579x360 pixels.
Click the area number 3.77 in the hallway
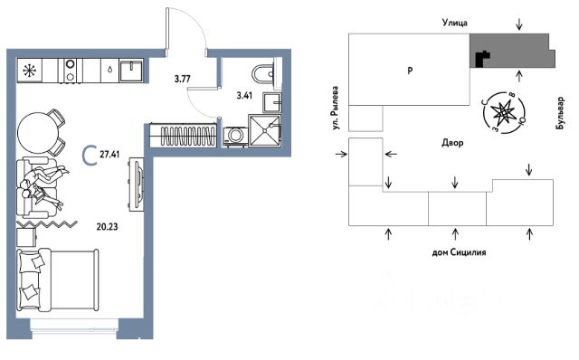pos(182,79)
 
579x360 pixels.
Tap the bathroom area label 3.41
pos(244,95)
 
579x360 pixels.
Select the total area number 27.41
pos(109,154)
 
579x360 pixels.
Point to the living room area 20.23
pos(107,226)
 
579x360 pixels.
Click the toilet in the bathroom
pos(263,74)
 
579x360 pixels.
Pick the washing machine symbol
pos(235,136)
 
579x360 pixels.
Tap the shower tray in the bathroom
pos(265,130)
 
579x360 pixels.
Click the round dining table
pos(38,132)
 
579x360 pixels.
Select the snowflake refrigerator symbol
pos(29,71)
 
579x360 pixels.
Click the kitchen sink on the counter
pos(131,71)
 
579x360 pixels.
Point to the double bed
pos(58,279)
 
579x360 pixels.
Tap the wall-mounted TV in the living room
pos(138,184)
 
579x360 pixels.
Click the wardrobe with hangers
pos(183,136)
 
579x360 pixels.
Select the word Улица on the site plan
pos(455,23)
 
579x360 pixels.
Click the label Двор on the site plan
pos(452,143)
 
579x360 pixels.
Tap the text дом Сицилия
pos(459,252)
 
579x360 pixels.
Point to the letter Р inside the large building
pos(410,71)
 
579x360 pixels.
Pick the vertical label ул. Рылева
pos(335,108)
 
